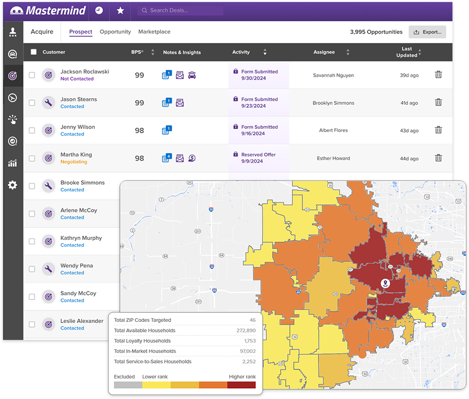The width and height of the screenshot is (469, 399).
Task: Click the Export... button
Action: (427, 32)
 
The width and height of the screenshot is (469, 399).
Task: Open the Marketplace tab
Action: (154, 32)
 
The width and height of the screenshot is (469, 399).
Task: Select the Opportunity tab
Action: (115, 32)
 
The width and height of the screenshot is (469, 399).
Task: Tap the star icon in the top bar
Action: (120, 11)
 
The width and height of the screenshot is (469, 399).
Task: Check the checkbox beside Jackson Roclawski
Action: (32, 75)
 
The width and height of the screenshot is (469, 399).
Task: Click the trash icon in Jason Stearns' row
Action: (438, 103)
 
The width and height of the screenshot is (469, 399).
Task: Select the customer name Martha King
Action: (76, 155)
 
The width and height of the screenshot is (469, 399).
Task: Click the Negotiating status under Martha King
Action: (74, 162)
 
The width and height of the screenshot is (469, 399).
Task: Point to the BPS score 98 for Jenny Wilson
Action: (139, 131)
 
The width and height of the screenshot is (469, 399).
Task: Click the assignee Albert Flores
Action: (333, 131)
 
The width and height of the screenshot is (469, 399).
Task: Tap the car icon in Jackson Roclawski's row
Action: (192, 75)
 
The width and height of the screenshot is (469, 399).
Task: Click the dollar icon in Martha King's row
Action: (192, 158)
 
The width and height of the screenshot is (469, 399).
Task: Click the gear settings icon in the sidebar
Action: (13, 185)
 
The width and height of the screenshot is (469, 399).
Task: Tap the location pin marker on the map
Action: (385, 284)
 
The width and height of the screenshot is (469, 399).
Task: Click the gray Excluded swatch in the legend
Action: (128, 385)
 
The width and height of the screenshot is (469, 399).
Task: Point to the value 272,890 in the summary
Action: (246, 330)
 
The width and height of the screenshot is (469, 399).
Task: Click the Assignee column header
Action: (324, 52)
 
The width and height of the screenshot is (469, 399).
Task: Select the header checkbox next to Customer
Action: (34, 52)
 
